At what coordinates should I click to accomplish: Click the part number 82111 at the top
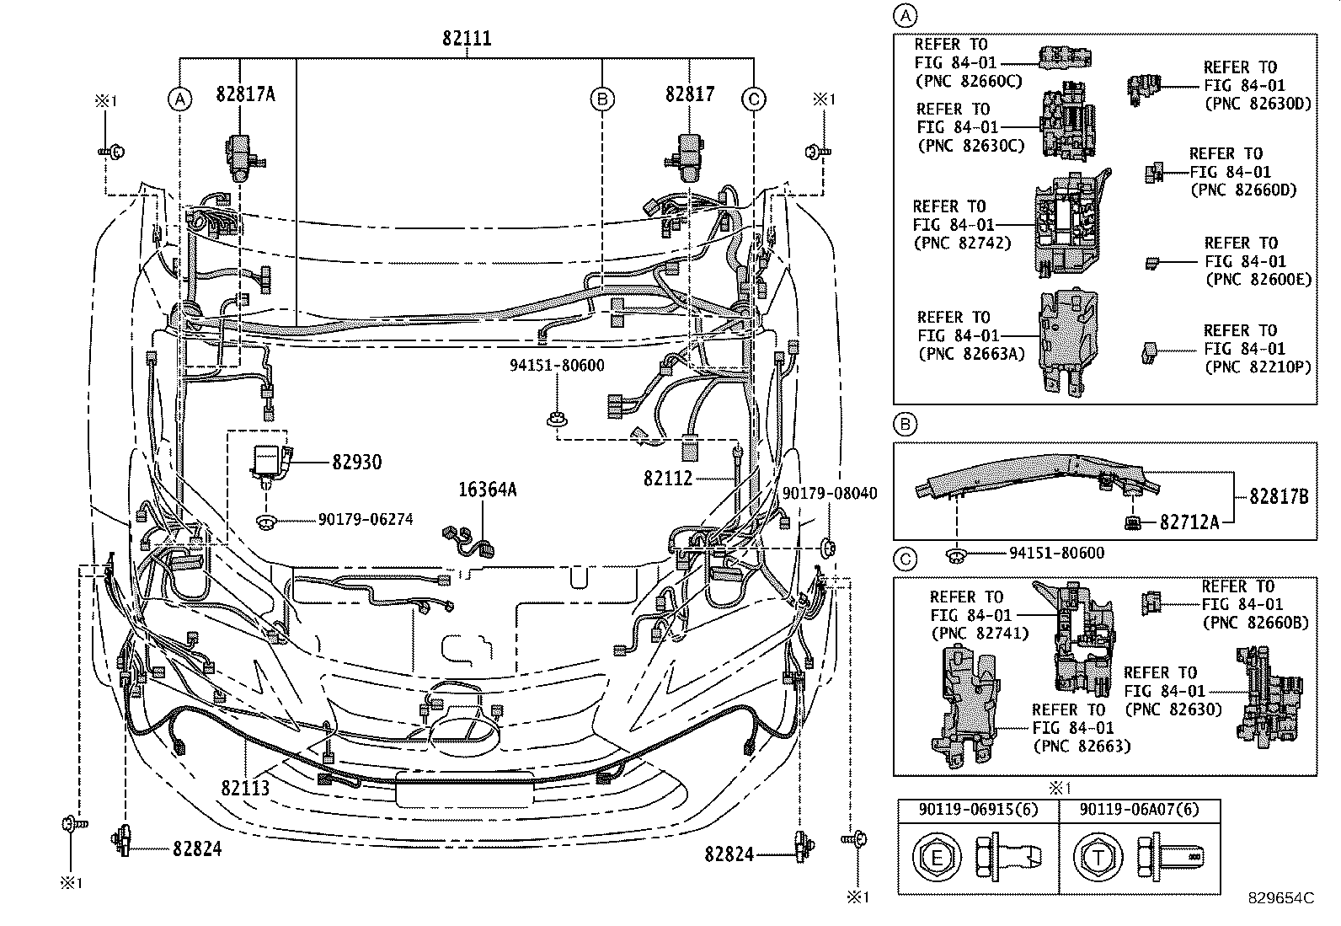467,39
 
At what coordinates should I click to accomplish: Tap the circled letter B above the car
601,99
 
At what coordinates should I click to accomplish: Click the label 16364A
487,490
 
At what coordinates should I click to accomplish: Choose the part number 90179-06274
366,520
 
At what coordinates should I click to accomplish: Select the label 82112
667,479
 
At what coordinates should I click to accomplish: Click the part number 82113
245,788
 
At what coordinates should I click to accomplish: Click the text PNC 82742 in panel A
963,244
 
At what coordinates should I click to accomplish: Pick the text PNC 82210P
1258,367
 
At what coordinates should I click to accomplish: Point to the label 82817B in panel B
1278,497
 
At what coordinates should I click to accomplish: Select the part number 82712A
1189,522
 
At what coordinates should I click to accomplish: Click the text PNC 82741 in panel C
979,634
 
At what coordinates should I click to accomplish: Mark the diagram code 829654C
1281,898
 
